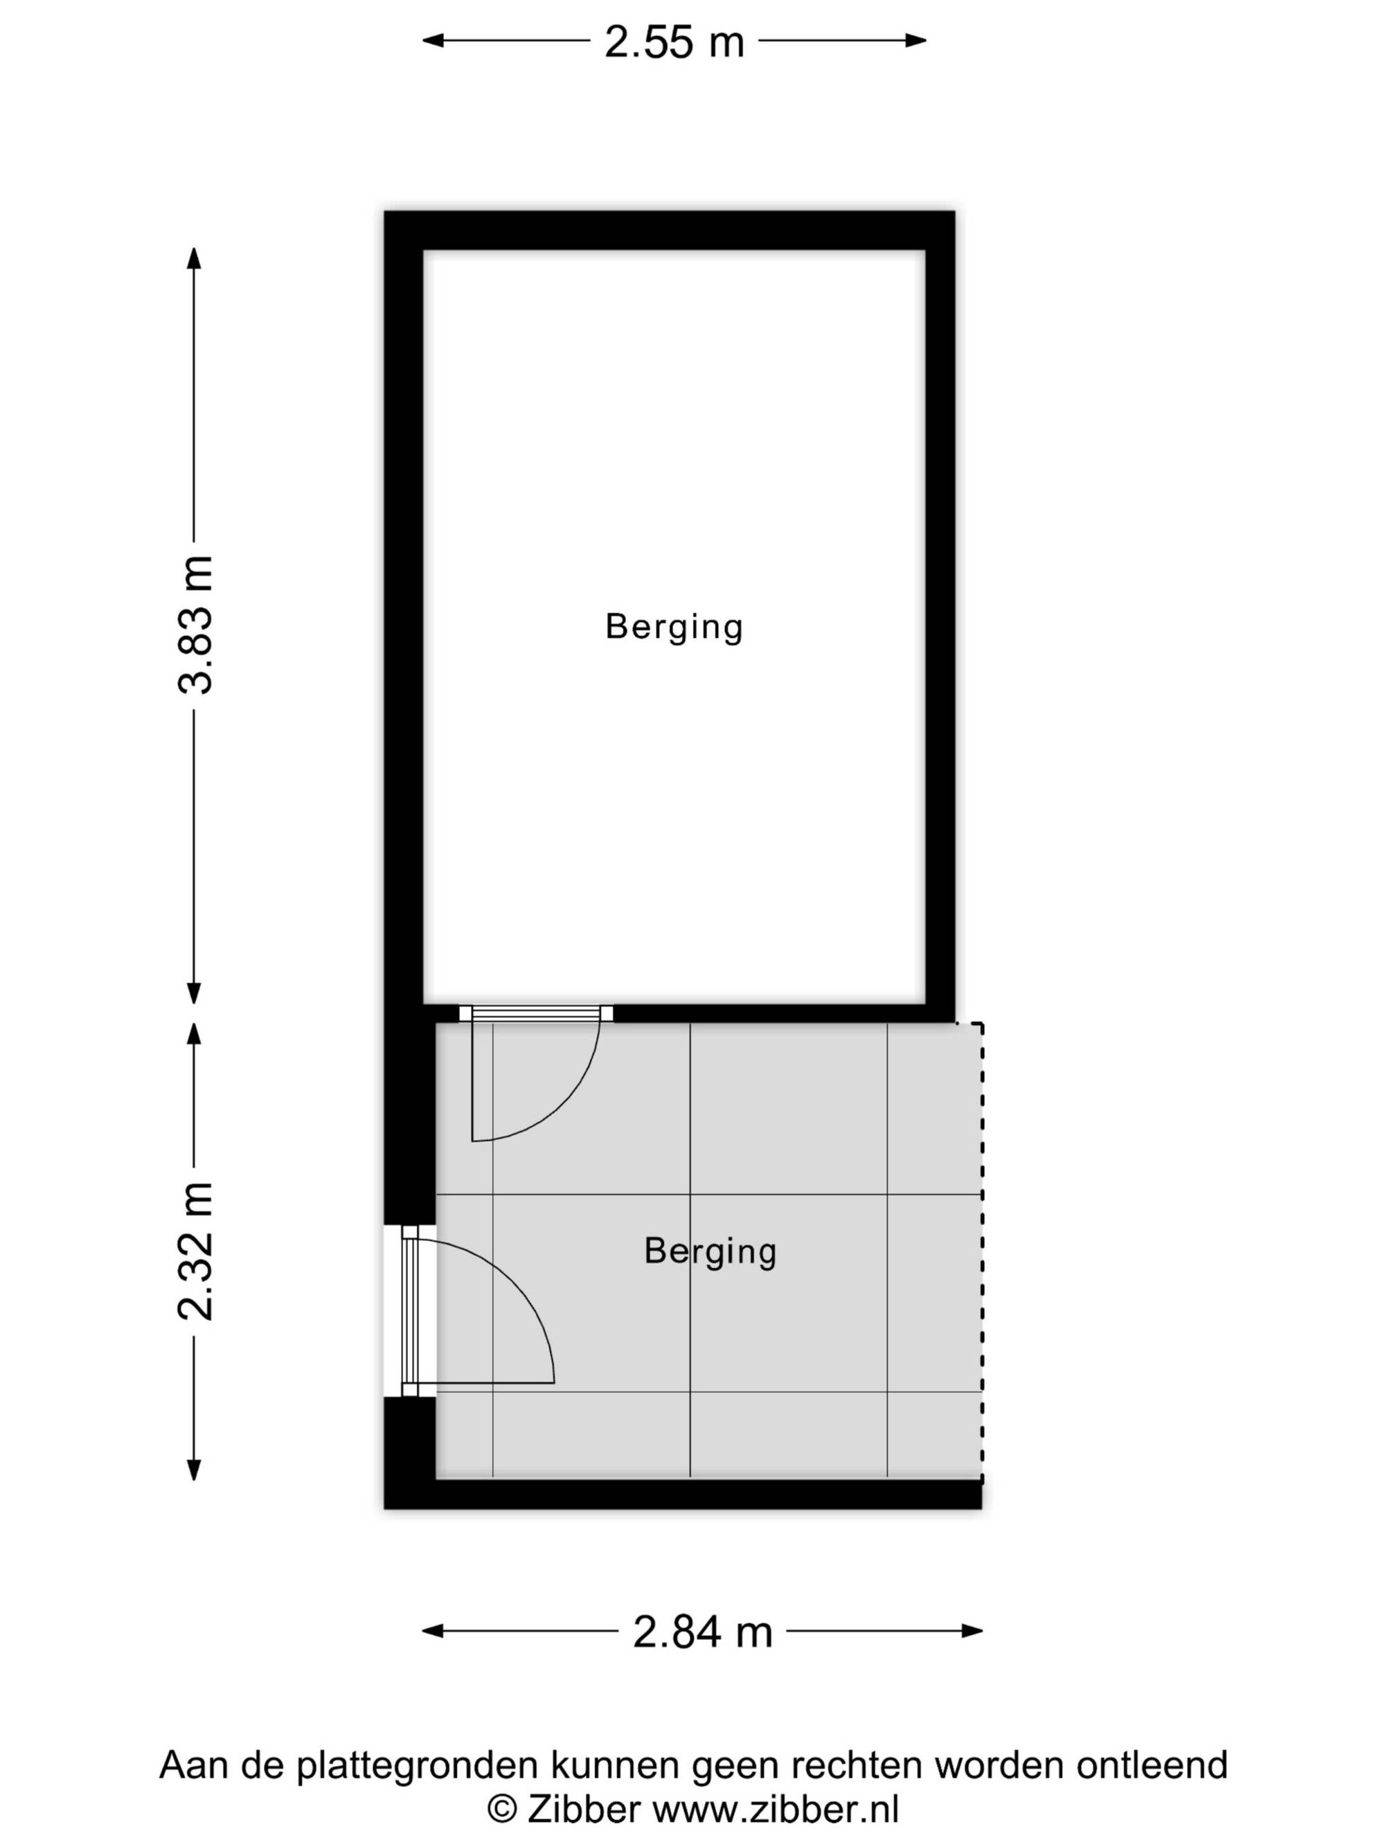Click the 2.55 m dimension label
click(x=674, y=42)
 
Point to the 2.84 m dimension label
click(x=702, y=1632)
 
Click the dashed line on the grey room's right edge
click(x=982, y=1253)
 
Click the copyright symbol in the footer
click(x=502, y=1810)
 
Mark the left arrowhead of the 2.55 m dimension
click(x=432, y=40)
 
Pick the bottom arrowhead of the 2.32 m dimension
click(x=194, y=1470)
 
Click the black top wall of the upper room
click(x=670, y=231)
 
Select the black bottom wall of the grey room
click(x=683, y=1494)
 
